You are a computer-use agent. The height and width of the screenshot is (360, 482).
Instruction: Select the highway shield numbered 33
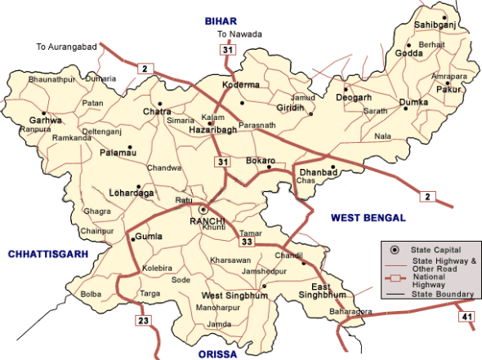pos(246,242)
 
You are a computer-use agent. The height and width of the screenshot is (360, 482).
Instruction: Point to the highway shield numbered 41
pos(466,316)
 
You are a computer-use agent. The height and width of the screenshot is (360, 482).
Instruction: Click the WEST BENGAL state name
pos(368,218)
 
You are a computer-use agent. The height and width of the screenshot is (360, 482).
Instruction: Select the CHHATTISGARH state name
pos(47,255)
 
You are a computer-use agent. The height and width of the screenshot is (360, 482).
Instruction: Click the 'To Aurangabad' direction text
pos(66,47)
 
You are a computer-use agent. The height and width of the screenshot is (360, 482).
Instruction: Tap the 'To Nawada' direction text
pos(239,33)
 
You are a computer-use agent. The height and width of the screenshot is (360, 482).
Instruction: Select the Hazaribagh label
pos(212,130)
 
